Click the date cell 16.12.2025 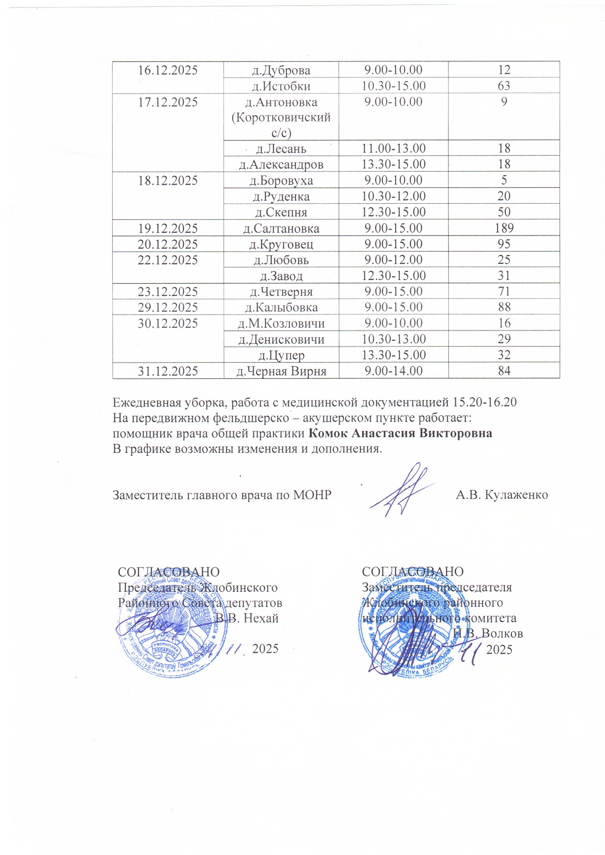coord(168,70)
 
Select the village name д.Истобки coord(281,86)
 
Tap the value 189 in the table coord(504,228)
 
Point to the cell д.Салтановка coord(281,229)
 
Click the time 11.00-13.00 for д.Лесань coord(393,148)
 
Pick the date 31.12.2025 coord(168,371)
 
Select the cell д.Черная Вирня coord(281,371)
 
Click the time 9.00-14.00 coord(393,371)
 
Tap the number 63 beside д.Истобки coord(504,86)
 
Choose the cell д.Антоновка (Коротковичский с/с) coord(281,117)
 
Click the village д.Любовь coord(281,260)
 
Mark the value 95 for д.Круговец coord(504,244)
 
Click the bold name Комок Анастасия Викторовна coord(401,433)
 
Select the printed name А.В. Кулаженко coord(502,495)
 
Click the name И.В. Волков coord(488,634)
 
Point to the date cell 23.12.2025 coord(168,292)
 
